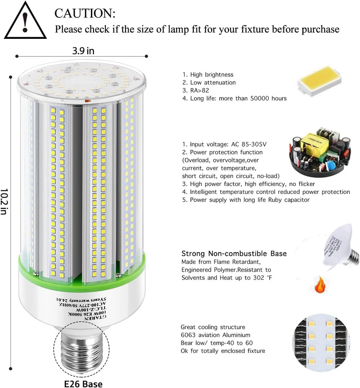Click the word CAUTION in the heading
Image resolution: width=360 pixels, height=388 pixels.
[x=85, y=13]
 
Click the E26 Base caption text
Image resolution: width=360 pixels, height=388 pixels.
[x=83, y=384]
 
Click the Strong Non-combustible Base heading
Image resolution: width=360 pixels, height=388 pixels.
[x=234, y=254]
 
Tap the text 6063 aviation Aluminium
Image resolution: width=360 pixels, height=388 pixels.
[x=215, y=335]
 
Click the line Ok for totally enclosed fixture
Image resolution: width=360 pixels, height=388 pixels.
[x=222, y=351]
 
